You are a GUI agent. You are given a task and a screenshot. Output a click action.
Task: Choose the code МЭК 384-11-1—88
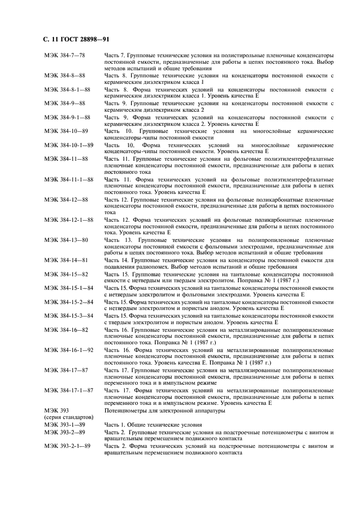tap(69, 179)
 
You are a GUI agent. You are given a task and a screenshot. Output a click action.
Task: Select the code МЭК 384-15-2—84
tap(69, 301)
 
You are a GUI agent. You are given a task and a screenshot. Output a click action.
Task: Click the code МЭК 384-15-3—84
tap(69, 315)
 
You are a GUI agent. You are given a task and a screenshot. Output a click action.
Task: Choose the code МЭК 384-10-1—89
tap(69, 145)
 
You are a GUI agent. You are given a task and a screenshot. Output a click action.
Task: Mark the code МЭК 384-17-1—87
tap(69, 391)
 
